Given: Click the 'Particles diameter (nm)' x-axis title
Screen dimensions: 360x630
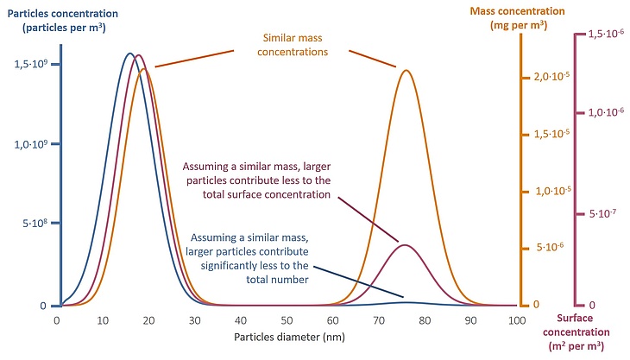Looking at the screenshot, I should [x=286, y=337].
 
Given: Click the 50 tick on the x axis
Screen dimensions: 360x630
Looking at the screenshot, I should [x=287, y=320].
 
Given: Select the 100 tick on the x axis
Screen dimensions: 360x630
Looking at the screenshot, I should [x=516, y=320].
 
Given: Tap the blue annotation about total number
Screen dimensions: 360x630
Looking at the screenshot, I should [x=257, y=256].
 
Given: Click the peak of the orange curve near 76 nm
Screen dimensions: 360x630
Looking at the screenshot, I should [x=404, y=71].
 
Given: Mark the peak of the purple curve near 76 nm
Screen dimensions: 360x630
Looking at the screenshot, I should [x=405, y=244].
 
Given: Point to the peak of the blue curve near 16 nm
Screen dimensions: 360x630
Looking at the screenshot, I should [x=130, y=54].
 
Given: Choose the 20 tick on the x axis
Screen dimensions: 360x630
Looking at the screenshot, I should [x=148, y=320].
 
